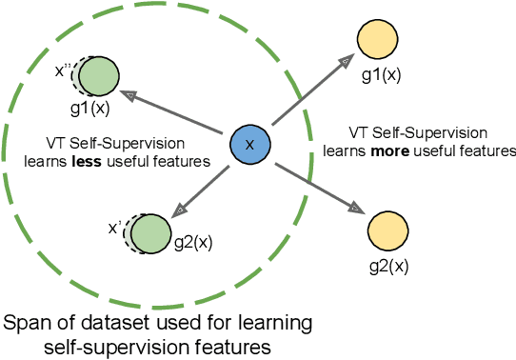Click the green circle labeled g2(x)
pyautogui.click(x=150, y=230)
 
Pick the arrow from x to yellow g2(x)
pyautogui.click(x=315, y=187)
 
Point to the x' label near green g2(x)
pyautogui.click(x=114, y=227)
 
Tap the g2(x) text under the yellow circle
pyautogui.click(x=387, y=263)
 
